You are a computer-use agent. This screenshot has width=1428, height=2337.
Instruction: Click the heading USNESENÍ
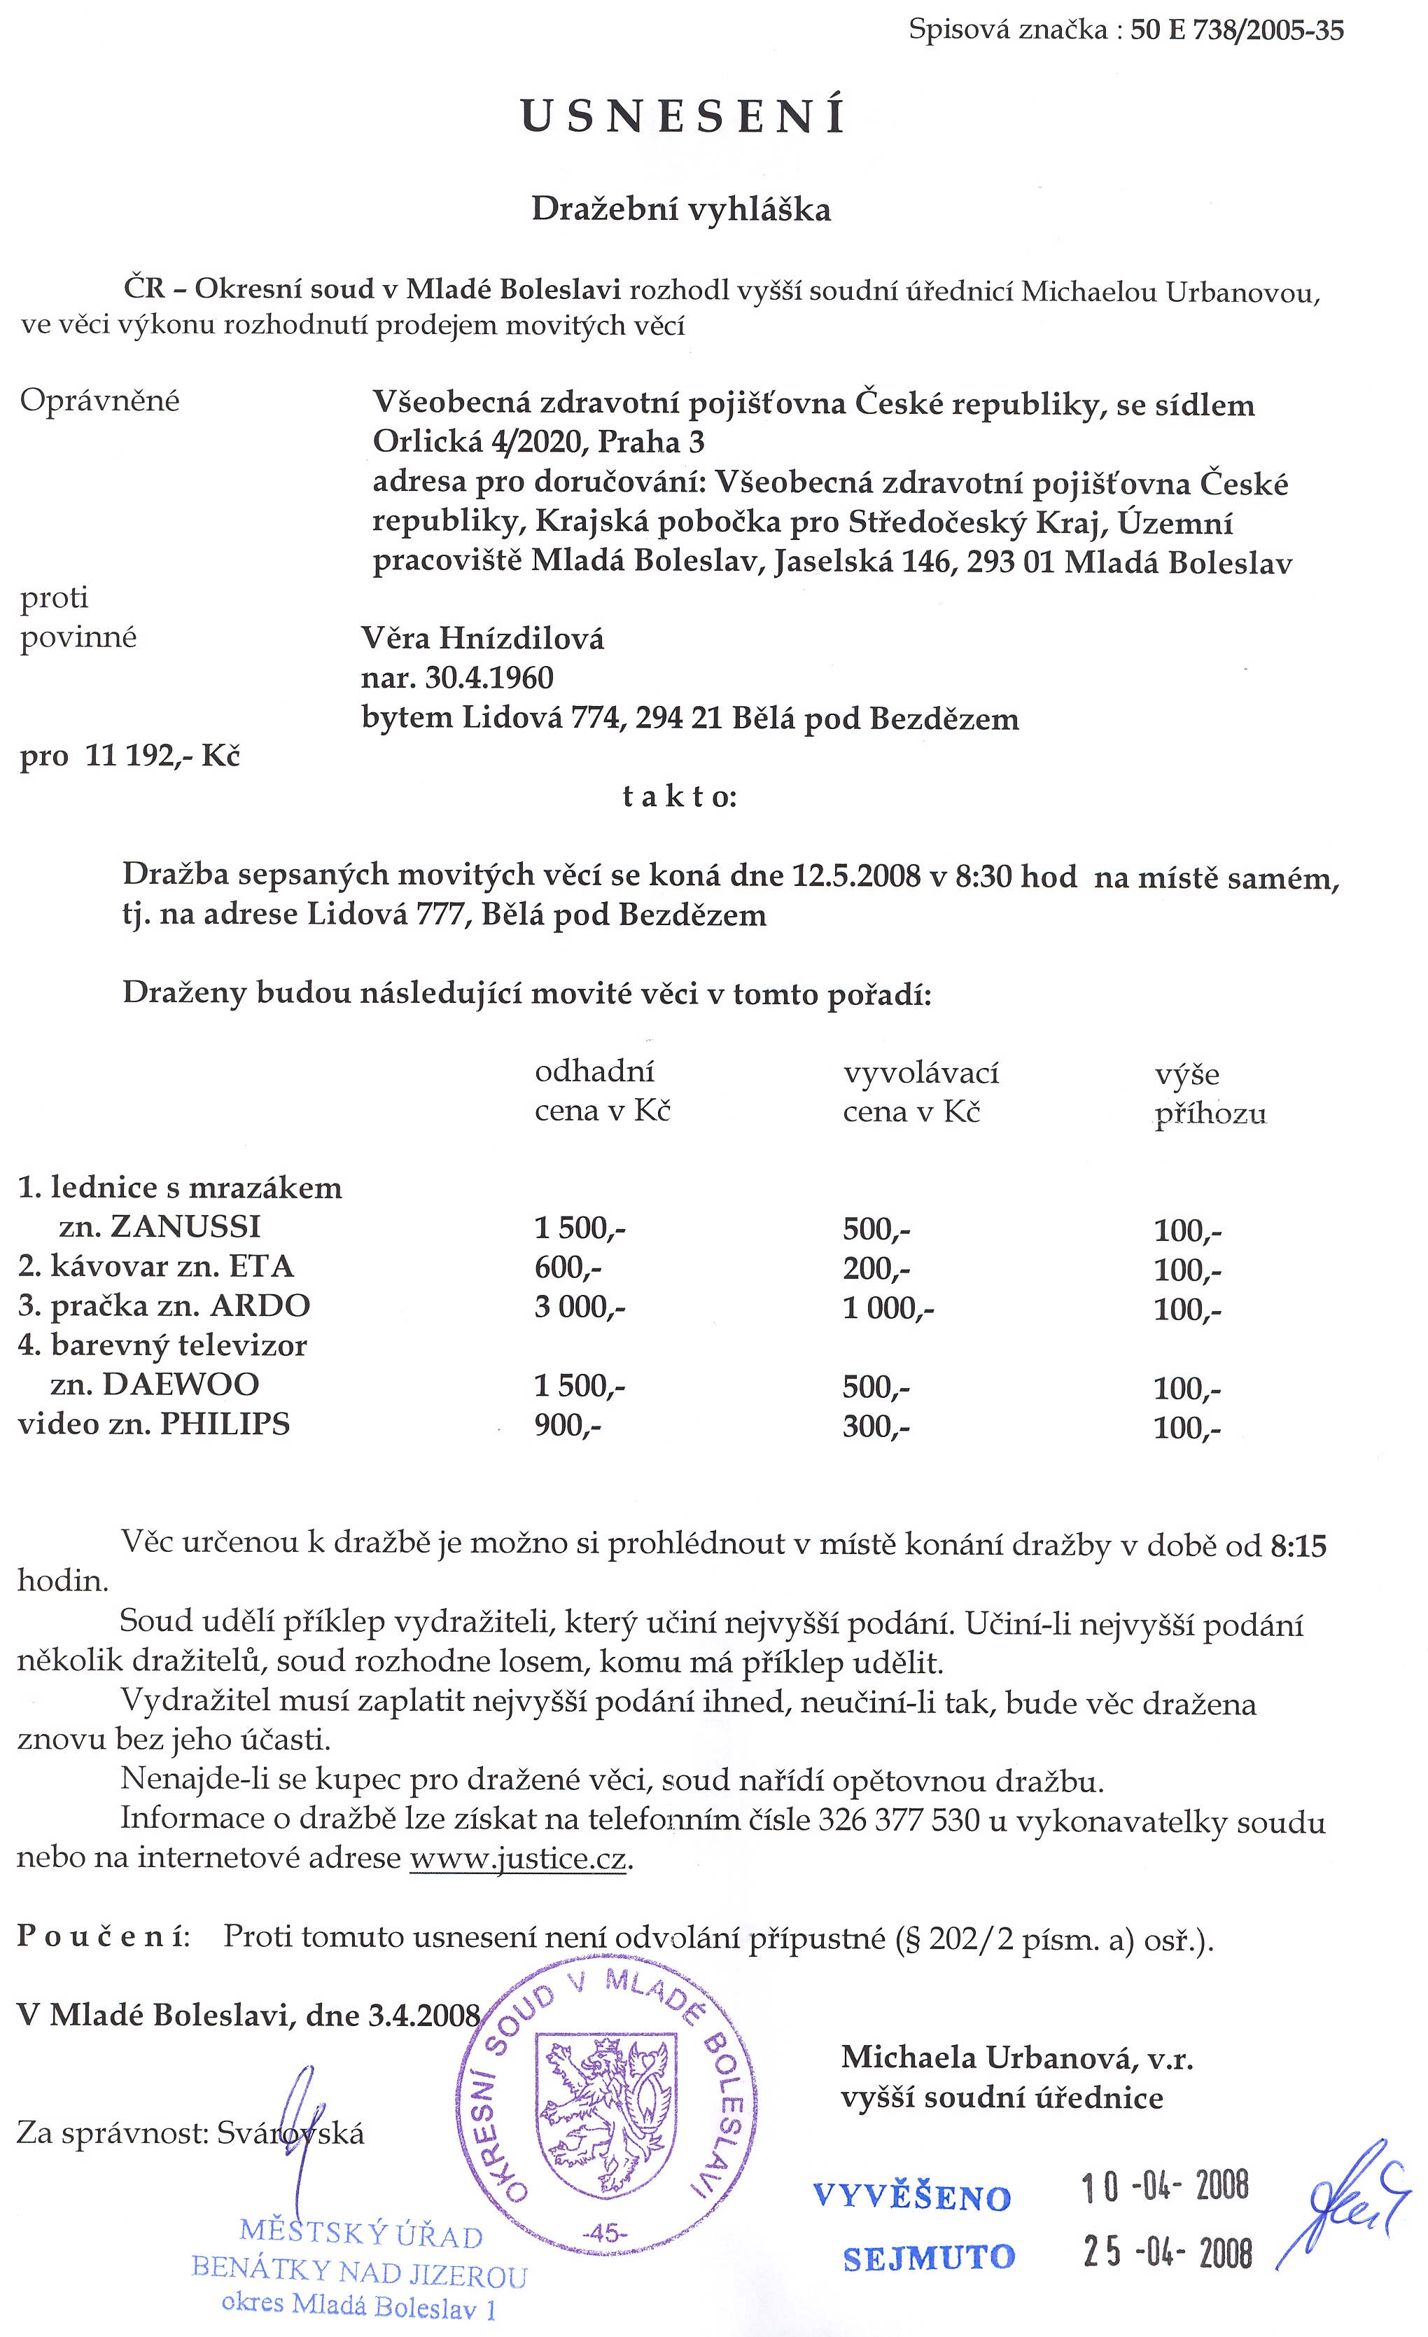pyautogui.click(x=682, y=117)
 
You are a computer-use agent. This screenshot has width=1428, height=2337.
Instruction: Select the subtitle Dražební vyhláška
pyautogui.click(x=681, y=209)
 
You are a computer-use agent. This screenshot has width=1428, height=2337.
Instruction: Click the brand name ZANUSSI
pyautogui.click(x=185, y=1226)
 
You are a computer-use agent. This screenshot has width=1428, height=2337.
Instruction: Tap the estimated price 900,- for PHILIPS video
pyautogui.click(x=567, y=1424)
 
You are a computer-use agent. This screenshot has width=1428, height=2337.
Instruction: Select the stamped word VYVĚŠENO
pyautogui.click(x=912, y=2198)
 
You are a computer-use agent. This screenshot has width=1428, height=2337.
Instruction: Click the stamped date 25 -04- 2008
pyautogui.click(x=1167, y=2252)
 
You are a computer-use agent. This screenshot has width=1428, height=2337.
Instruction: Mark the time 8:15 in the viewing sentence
pyautogui.click(x=1297, y=1546)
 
